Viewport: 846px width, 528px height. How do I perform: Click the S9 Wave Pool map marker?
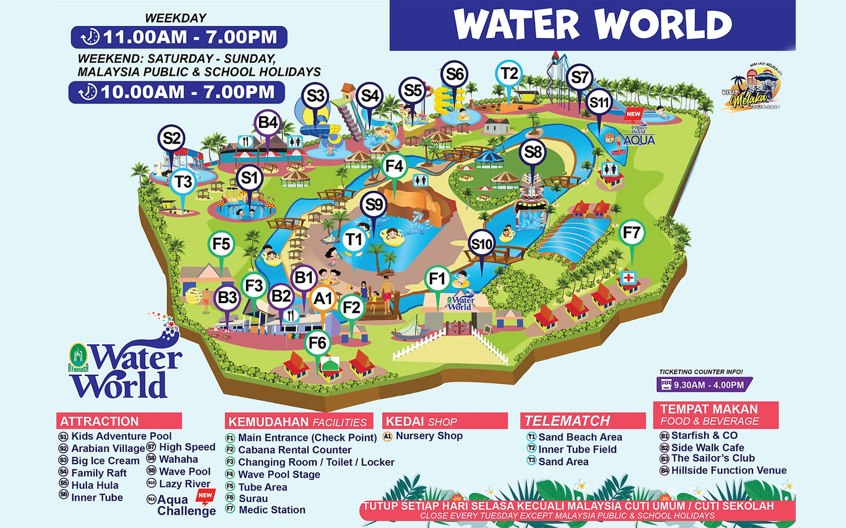pyautogui.click(x=374, y=204)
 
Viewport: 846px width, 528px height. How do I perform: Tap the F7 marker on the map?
pyautogui.click(x=631, y=233)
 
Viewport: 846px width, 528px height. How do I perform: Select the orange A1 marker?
pyautogui.click(x=323, y=299)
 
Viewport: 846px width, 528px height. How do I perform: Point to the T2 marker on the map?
pyautogui.click(x=509, y=74)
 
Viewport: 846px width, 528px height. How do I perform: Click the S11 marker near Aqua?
pyautogui.click(x=599, y=102)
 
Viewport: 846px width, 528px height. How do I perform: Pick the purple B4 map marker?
pyautogui.click(x=268, y=123)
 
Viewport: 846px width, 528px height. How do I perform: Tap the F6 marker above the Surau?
pyautogui.click(x=317, y=343)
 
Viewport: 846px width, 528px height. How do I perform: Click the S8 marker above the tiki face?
pyautogui.click(x=532, y=152)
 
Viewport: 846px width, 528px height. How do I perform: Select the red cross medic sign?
pyautogui.click(x=628, y=278)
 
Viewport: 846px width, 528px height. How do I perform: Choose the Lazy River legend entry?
pyautogui.click(x=184, y=484)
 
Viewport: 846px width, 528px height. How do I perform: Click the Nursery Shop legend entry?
pyautogui.click(x=428, y=436)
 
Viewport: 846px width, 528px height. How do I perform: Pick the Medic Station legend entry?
pyautogui.click(x=271, y=510)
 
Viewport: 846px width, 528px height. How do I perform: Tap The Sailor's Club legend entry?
pyautogui.click(x=712, y=458)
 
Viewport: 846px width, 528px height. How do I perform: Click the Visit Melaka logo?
pyautogui.click(x=751, y=90)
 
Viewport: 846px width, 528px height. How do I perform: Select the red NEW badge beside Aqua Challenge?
pyautogui.click(x=205, y=496)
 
